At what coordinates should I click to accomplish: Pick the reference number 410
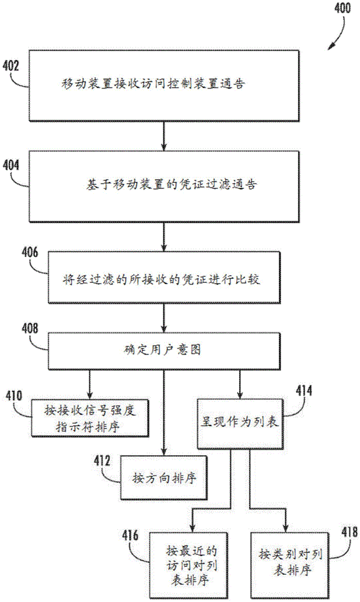pos(14,396)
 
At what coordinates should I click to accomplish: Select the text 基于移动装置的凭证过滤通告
pos(164,184)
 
